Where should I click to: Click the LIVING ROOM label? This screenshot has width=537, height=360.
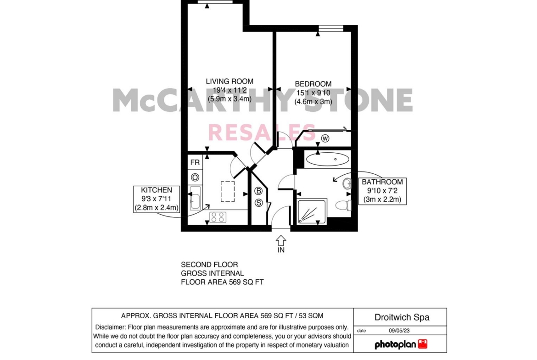(229, 82)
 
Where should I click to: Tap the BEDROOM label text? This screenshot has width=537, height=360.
(313, 84)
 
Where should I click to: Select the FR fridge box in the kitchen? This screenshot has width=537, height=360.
(195, 162)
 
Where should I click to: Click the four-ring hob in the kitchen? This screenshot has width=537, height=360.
(218, 217)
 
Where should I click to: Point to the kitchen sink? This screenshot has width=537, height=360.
(195, 198)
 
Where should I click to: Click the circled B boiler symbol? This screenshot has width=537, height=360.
(258, 191)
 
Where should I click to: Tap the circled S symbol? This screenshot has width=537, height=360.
(258, 203)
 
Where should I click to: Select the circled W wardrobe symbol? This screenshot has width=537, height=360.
(325, 138)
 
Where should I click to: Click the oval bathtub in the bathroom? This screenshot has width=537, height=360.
(327, 159)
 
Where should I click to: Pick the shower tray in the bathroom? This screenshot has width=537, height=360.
(312, 211)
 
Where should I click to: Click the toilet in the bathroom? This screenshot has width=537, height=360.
(343, 205)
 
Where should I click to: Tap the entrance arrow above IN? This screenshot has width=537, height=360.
(281, 240)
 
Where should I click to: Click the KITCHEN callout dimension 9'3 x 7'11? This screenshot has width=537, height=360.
(157, 199)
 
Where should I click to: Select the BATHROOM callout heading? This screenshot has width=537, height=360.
(382, 182)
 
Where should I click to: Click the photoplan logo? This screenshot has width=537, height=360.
(401, 344)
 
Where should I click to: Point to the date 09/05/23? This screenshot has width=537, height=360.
(399, 331)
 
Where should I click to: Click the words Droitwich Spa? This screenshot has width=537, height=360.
(402, 317)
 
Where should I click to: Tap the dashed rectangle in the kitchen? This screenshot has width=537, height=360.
(228, 192)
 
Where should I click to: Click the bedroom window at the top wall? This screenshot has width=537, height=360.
(331, 28)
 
